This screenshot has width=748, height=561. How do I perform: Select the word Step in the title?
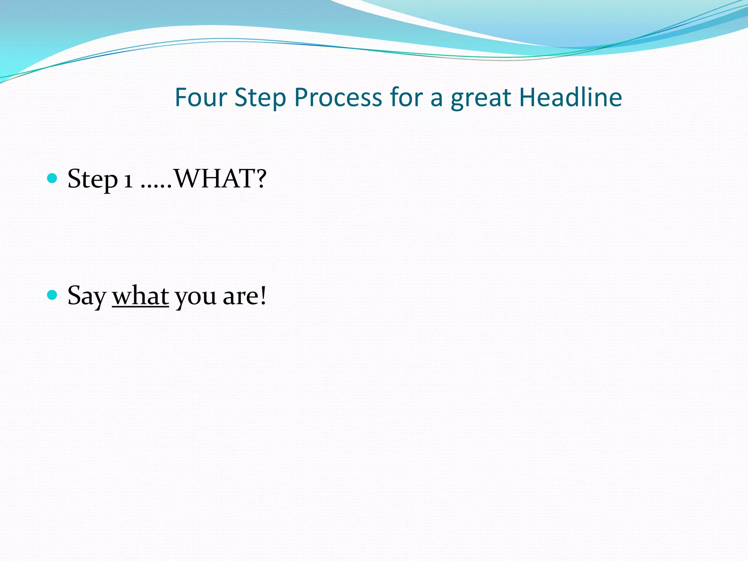coord(260,98)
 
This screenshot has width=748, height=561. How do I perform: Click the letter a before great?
coord(436,99)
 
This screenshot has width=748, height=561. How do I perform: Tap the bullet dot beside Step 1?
coord(53,178)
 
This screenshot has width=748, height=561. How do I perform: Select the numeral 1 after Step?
coord(128,180)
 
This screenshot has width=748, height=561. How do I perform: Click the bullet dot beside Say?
coord(53,295)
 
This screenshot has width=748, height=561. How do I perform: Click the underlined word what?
coord(140,296)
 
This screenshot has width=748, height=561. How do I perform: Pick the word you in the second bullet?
coord(196,298)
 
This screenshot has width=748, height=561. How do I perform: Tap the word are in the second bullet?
coord(239,297)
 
